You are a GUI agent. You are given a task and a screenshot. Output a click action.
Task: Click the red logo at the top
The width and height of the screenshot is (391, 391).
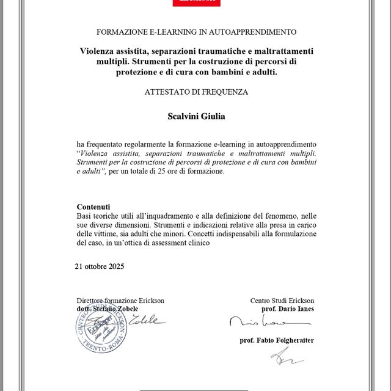pyautogui.click(x=195, y=3)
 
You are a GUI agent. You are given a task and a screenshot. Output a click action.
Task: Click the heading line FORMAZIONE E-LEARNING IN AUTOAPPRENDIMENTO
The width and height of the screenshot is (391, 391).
pyautogui.click(x=196, y=31)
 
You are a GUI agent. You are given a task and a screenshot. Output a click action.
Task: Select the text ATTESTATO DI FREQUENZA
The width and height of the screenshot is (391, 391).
pyautogui.click(x=196, y=92)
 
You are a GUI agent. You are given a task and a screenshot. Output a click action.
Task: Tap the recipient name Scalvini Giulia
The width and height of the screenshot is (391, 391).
pyautogui.click(x=196, y=115)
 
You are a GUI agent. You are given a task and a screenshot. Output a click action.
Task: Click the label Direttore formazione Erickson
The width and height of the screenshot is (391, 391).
pyautogui.click(x=120, y=301)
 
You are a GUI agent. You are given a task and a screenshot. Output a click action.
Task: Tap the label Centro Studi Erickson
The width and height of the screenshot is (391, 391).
pyautogui.click(x=282, y=301)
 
